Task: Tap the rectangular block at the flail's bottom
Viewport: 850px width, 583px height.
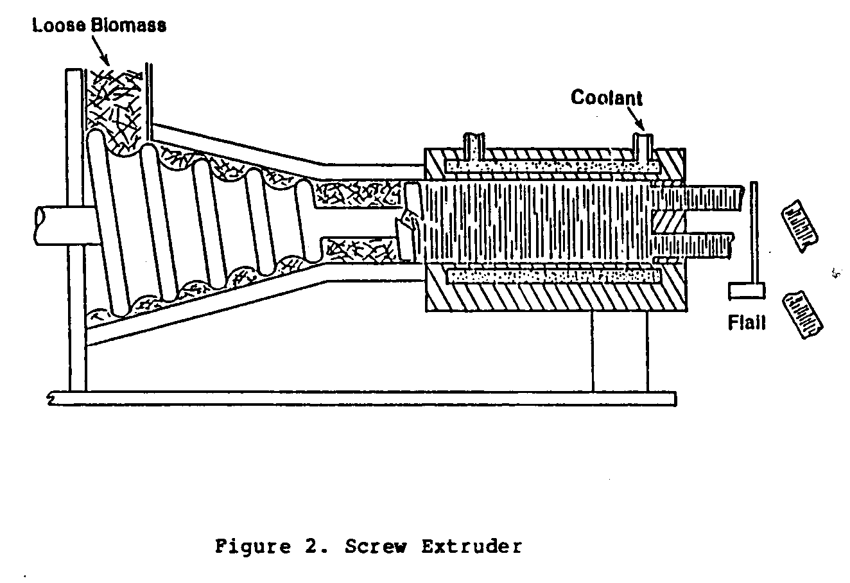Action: tap(746, 291)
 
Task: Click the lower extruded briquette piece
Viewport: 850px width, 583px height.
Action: tap(802, 314)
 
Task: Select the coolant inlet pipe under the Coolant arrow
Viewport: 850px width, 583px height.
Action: tap(642, 146)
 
